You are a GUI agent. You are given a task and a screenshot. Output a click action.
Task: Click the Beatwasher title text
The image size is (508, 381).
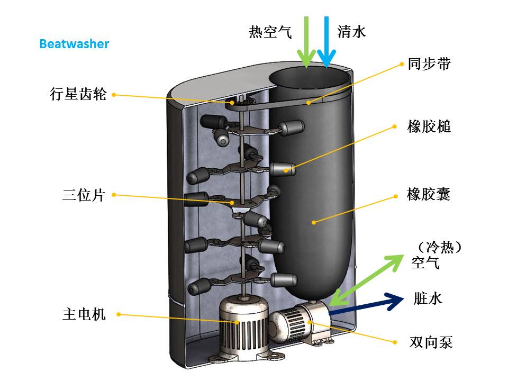pyautogui.click(x=74, y=43)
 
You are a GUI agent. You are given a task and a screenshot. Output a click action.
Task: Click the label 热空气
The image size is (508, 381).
pyautogui.click(x=270, y=32)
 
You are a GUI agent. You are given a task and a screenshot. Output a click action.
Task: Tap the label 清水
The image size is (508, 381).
pyautogui.click(x=351, y=32)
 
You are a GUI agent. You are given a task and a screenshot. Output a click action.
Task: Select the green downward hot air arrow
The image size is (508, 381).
pyautogui.click(x=306, y=42)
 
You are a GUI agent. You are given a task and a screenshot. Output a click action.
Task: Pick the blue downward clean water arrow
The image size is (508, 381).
pyautogui.click(x=326, y=42)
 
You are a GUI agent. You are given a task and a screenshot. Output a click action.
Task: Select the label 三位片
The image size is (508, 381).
pyautogui.click(x=84, y=195)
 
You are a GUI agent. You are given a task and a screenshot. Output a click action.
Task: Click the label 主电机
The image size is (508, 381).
pyautogui.click(x=84, y=314)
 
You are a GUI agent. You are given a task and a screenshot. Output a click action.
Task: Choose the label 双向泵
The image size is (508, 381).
pyautogui.click(x=431, y=342)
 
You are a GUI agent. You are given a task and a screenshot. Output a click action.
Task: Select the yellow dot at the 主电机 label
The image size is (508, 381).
pyautogui.click(x=119, y=314)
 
